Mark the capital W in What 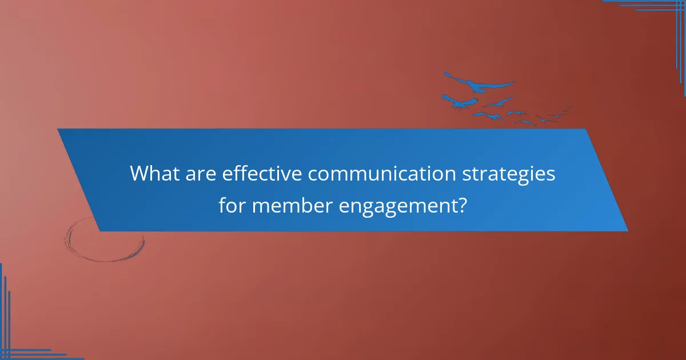[141, 174]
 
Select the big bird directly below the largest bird [460, 102]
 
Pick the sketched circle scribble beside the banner [104, 240]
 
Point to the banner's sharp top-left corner [58, 129]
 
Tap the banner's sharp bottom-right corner [627, 231]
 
